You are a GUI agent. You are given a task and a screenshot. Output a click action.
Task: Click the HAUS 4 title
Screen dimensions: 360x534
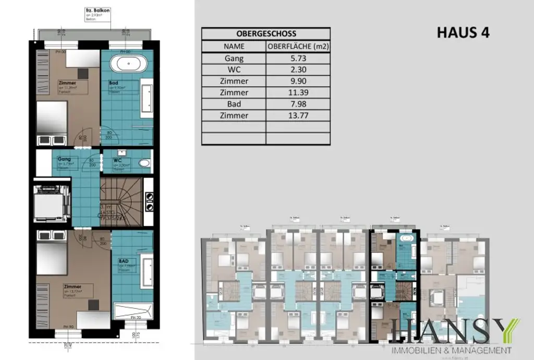click(x=463, y=32)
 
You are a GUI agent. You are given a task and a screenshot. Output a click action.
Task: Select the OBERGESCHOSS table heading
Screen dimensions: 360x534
click(x=266, y=33)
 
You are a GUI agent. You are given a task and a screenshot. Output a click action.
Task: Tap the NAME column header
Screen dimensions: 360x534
click(x=234, y=46)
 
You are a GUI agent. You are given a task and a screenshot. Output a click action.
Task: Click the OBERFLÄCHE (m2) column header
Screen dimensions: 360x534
click(x=298, y=46)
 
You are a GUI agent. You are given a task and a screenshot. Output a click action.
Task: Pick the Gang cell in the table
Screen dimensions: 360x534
click(x=234, y=58)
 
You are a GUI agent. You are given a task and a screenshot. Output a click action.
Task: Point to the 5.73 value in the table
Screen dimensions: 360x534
click(x=298, y=58)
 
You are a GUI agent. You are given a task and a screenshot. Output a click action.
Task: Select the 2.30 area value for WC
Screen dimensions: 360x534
click(x=298, y=70)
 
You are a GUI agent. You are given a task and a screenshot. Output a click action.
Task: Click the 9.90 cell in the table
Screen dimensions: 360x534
click(x=298, y=81)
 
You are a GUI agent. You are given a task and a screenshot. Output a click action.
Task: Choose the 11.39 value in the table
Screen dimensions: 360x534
click(x=298, y=93)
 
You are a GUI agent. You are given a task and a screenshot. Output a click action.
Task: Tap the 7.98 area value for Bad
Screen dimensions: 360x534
click(x=298, y=104)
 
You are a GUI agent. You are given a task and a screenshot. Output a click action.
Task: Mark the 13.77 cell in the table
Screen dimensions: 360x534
click(x=298, y=116)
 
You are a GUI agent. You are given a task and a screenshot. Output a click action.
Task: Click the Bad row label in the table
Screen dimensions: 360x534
click(x=234, y=104)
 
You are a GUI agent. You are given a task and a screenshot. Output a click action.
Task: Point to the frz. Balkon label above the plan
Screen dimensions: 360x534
click(x=95, y=10)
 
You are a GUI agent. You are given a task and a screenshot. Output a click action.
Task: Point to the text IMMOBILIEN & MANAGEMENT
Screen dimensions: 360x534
click(x=452, y=350)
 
